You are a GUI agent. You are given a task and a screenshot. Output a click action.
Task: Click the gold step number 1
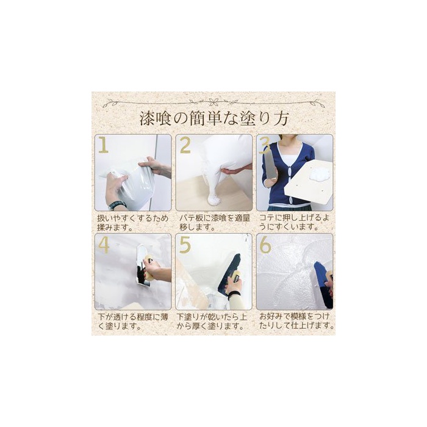(x=104, y=145)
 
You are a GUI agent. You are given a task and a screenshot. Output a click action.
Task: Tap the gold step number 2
(x=185, y=145)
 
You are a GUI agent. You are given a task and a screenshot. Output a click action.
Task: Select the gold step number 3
(x=265, y=145)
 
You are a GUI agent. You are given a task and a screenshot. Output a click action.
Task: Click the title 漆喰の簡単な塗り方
(x=213, y=119)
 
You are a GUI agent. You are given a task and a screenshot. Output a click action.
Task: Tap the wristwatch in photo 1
(x=117, y=204)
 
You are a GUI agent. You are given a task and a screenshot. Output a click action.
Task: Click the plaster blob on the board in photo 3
(x=320, y=173)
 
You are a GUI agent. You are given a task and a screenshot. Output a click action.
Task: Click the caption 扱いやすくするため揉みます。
(x=132, y=223)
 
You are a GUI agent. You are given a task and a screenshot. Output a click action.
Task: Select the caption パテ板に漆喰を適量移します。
(x=213, y=223)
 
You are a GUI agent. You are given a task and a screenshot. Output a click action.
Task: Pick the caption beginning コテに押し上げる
(x=294, y=222)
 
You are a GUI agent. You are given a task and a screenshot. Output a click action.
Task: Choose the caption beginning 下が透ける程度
(x=132, y=321)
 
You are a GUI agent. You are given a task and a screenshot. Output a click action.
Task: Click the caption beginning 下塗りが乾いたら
(x=212, y=321)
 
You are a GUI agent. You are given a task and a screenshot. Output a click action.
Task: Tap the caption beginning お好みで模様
(x=296, y=321)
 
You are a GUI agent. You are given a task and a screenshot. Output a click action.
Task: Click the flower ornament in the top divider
(x=213, y=102)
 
